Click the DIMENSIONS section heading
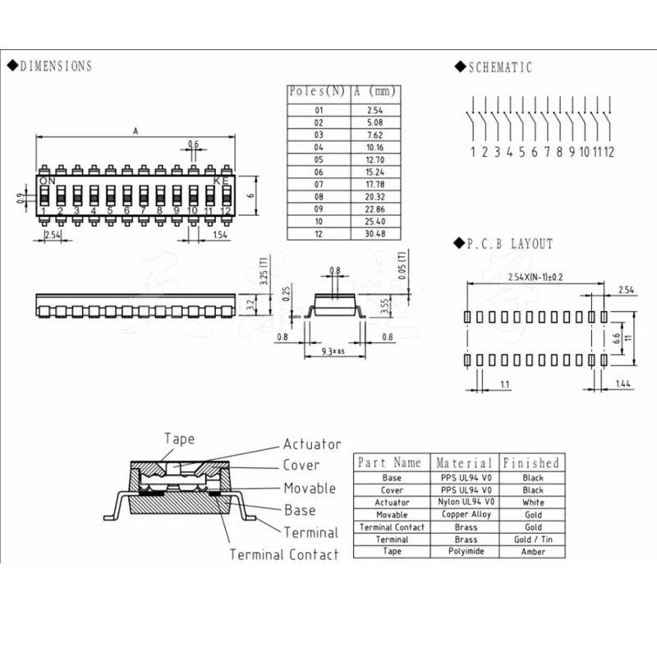coord(56,67)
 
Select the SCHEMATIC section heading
coord(500,67)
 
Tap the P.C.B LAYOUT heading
coord(510,244)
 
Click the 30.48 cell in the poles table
coord(375,234)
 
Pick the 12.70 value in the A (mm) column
coord(375,159)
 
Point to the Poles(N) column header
coord(317,91)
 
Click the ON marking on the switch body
coord(48,181)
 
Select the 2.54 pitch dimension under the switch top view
coord(53,235)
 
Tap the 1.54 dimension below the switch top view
coord(220,235)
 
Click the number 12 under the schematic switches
coord(609,152)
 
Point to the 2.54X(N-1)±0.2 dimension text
coord(535,277)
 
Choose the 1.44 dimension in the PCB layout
coord(623,384)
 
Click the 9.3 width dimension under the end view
coord(333,351)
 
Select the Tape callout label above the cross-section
coord(179,439)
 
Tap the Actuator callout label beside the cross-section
coord(312,444)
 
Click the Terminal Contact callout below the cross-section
coord(284,554)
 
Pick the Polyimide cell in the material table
coord(466,551)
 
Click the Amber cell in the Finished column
coord(533,551)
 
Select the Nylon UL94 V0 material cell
coord(466,502)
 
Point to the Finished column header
coord(531,462)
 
